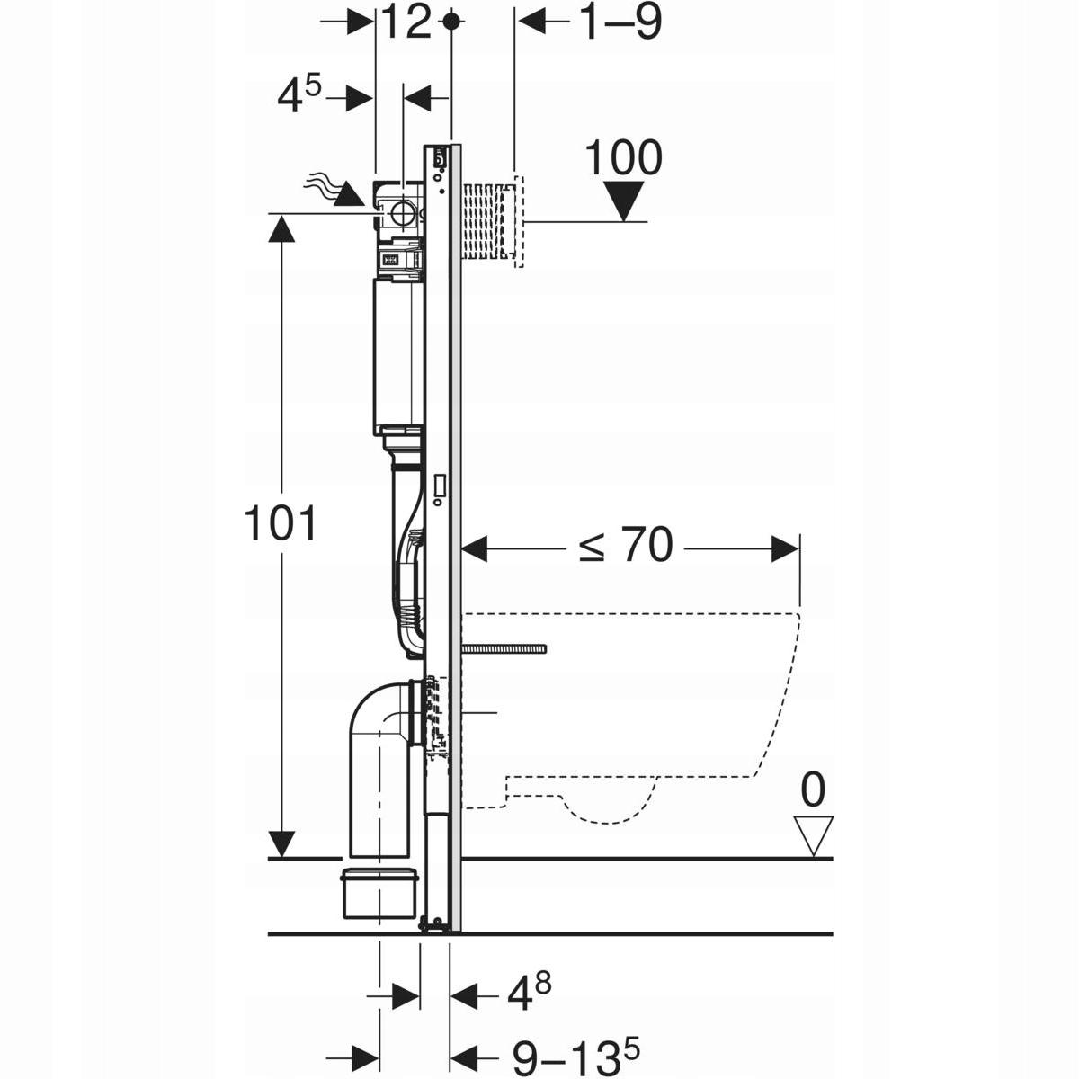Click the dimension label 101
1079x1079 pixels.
coord(281,524)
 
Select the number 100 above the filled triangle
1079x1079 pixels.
coord(623,157)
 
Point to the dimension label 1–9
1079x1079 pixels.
coord(619,22)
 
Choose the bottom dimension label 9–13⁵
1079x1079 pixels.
coord(580,1056)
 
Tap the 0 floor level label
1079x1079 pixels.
coord(812,790)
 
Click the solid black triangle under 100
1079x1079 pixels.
coord(623,201)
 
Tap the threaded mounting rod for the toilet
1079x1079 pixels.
coord(504,647)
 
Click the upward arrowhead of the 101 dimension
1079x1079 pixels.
coord(281,230)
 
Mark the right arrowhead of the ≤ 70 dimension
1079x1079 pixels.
coord(787,548)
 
